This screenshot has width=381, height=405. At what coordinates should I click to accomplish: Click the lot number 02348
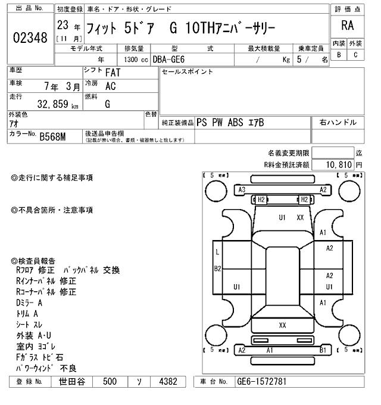30,38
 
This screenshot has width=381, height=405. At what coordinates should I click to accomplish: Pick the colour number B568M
52,137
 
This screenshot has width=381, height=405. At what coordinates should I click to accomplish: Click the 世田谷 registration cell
73,381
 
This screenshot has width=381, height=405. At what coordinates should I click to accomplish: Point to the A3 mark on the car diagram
242,189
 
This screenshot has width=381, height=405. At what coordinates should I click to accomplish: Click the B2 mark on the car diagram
218,269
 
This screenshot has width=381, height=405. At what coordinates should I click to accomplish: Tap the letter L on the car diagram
218,253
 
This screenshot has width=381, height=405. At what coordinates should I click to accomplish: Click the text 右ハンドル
338,122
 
